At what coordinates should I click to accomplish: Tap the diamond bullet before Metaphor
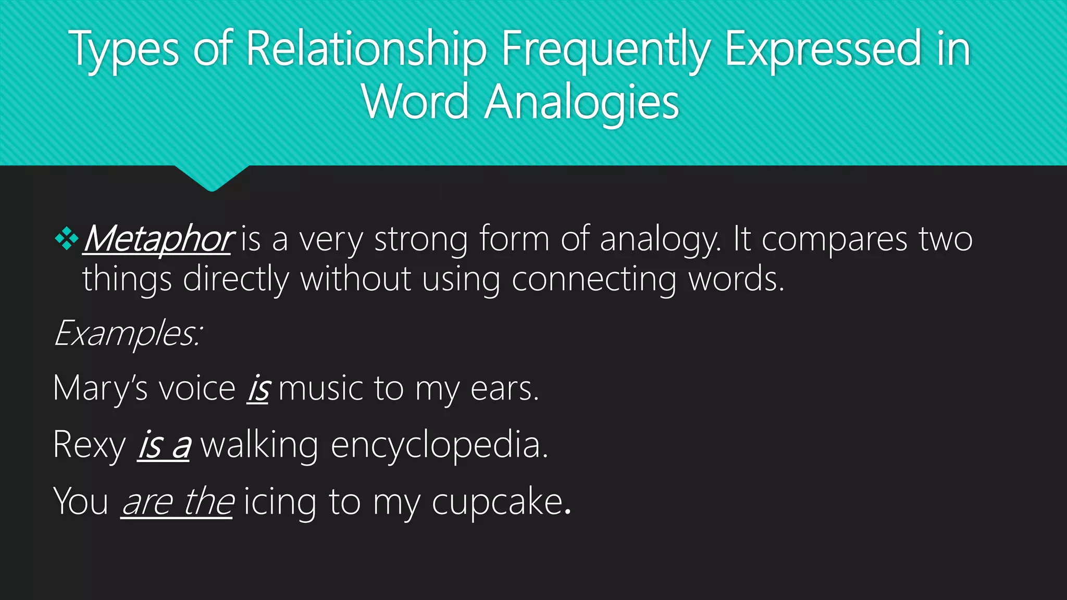(x=66, y=240)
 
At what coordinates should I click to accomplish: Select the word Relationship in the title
(x=366, y=50)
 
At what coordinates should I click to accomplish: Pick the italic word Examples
(x=127, y=333)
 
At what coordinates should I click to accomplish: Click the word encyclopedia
(x=439, y=445)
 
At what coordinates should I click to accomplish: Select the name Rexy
(x=89, y=445)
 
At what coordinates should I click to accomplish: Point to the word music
(x=320, y=389)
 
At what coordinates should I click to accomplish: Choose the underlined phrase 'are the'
(x=177, y=502)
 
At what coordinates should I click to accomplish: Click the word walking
(x=259, y=445)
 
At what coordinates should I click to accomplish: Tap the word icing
(x=280, y=502)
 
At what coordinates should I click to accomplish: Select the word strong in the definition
(x=420, y=240)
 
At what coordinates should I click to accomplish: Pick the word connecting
(x=594, y=280)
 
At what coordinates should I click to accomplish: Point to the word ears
(x=503, y=389)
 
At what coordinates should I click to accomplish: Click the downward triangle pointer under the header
(x=212, y=178)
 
